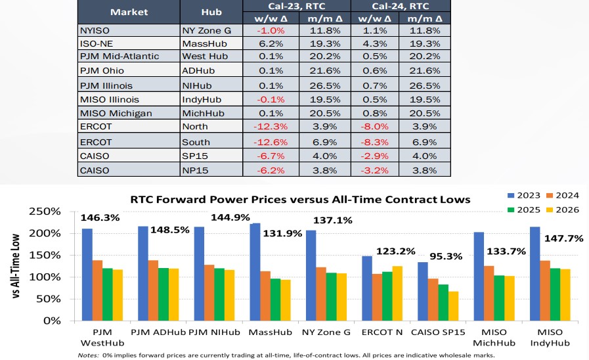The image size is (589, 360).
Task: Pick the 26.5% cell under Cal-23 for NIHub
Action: point(324,85)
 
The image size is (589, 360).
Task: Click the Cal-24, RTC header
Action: point(401,6)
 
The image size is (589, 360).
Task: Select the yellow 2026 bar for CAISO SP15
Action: point(453,305)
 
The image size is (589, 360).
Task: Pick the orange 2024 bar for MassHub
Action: point(265,296)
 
